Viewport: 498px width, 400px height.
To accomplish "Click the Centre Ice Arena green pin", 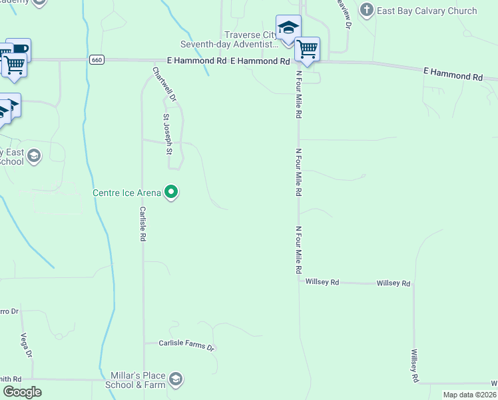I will [172, 193].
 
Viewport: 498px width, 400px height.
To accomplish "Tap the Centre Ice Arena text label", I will [126, 193].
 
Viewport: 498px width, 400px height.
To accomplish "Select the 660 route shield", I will [97, 60].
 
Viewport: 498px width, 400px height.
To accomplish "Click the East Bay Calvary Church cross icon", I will [366, 10].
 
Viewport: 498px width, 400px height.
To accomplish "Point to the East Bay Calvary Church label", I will [427, 11].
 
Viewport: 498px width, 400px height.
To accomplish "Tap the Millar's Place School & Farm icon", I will [176, 380].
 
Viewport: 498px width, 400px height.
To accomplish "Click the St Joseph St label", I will [168, 134].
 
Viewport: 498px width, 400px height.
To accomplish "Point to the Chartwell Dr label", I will [164, 84].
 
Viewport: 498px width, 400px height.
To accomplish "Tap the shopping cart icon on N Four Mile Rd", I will [307, 48].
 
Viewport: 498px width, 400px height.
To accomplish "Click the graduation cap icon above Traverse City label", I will [288, 28].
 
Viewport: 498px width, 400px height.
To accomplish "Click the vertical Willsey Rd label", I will [414, 366].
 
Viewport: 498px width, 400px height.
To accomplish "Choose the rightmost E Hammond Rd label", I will [453, 74].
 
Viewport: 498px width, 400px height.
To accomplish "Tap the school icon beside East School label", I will [34, 156].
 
